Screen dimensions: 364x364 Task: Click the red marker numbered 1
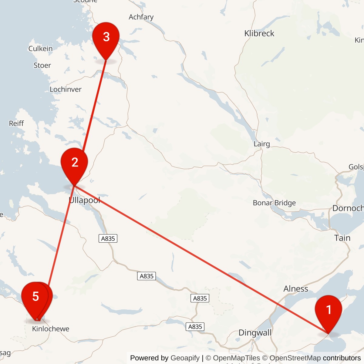[x=329, y=311]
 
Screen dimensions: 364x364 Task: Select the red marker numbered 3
[x=106, y=38]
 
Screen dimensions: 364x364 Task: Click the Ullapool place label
[x=84, y=200]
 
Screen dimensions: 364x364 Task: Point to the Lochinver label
[x=66, y=89]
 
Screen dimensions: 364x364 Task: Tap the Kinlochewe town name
[x=51, y=329]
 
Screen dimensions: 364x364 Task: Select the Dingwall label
[x=255, y=333]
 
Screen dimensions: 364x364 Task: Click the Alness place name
[x=295, y=289]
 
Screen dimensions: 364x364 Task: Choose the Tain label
[x=342, y=238]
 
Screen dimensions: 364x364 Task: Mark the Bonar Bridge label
[x=274, y=203]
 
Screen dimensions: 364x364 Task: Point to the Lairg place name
[x=261, y=144]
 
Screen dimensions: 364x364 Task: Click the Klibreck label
[x=259, y=33]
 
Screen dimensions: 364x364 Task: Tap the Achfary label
[x=141, y=17]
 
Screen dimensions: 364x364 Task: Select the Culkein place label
[x=40, y=49]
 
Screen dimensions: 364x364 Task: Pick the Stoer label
[x=42, y=65]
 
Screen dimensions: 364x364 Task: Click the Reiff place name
[x=16, y=123]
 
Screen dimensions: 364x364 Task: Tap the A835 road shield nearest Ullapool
[x=108, y=239]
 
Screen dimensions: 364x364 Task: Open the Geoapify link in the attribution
[x=185, y=358]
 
